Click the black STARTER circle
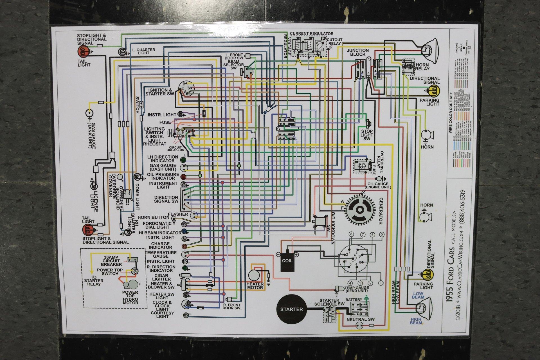(291, 309)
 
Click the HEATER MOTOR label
(255, 286)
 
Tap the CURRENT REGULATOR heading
(311, 33)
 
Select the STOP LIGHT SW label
(367, 135)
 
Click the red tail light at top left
(84, 51)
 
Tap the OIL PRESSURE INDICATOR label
(163, 176)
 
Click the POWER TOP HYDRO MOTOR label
(130, 298)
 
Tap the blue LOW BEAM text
(418, 295)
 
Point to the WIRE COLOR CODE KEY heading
(451, 112)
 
